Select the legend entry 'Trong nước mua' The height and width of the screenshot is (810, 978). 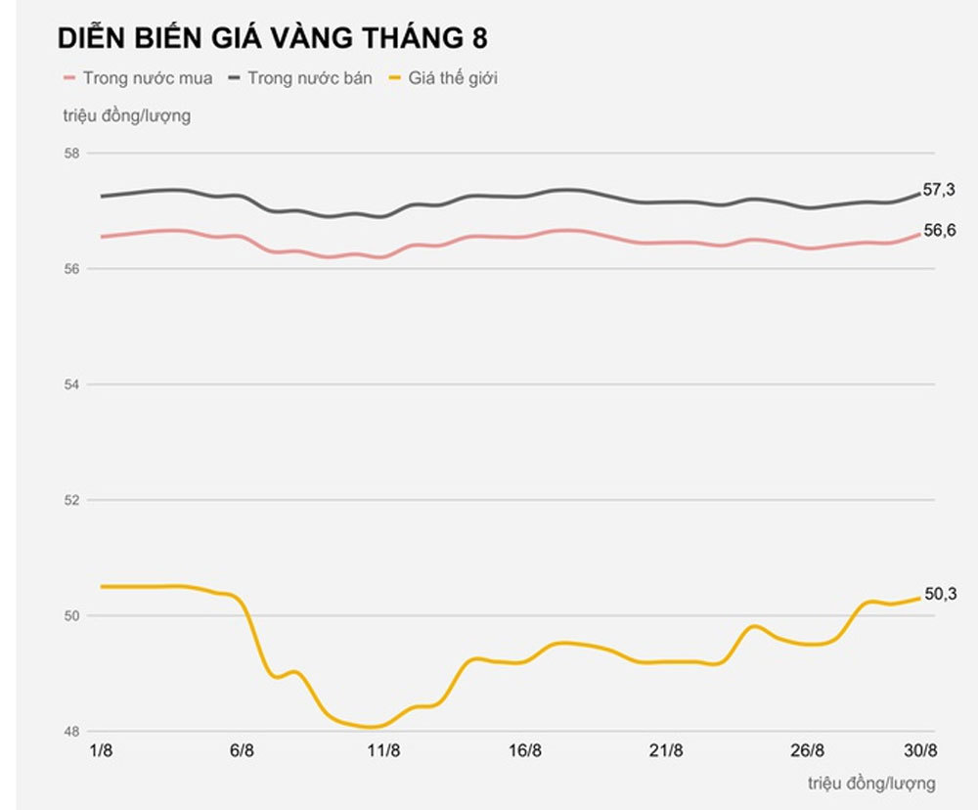147,78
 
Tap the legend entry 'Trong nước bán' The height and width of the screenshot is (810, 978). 309,78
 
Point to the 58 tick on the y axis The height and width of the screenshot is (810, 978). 70,154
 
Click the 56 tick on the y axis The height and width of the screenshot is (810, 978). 70,269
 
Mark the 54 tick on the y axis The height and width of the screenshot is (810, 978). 70,384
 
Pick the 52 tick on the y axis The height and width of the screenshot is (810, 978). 70,500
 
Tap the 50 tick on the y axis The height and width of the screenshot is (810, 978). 70,615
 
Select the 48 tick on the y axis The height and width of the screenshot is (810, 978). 70,731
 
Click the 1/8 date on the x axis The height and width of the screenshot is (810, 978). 101,751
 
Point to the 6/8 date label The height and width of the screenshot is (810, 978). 242,751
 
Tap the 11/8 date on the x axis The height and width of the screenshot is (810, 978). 383,751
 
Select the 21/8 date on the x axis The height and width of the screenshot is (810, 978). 666,751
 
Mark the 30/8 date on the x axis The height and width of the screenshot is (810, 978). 918,751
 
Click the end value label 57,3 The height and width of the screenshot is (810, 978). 939,190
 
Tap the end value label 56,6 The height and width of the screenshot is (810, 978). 939,231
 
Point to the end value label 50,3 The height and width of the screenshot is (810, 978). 940,593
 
